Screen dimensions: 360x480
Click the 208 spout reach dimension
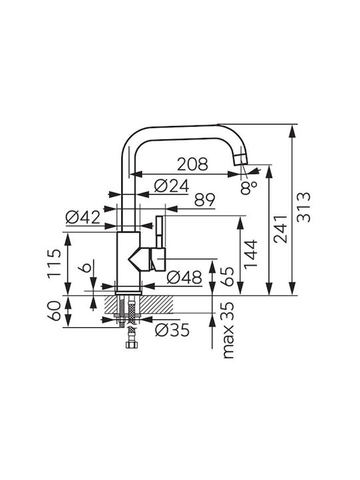(x=193, y=164)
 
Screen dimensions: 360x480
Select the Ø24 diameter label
(x=172, y=186)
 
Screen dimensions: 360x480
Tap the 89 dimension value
(x=205, y=200)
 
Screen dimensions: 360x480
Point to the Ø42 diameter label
(x=83, y=217)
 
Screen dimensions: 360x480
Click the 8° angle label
(x=249, y=187)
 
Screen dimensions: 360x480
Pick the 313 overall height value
(x=304, y=207)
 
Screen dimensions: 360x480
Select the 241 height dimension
(x=281, y=229)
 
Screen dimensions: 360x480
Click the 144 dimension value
(x=251, y=254)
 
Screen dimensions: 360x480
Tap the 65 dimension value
(x=227, y=277)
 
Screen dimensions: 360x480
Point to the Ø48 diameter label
(x=185, y=277)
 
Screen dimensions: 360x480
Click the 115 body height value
(x=54, y=263)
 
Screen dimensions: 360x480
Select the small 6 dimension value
(x=85, y=267)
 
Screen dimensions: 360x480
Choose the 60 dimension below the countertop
(x=54, y=311)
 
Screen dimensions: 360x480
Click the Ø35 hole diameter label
(x=173, y=330)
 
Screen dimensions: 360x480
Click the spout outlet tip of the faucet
(x=241, y=160)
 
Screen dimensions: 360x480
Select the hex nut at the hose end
(x=131, y=345)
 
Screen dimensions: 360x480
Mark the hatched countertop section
(x=139, y=304)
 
